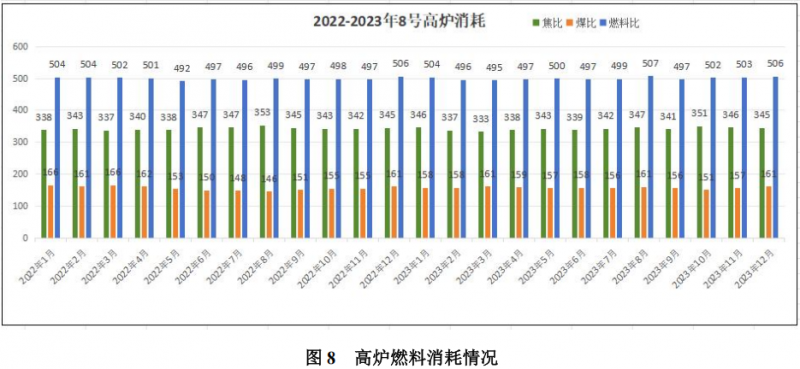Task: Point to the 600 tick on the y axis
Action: pyautogui.click(x=19, y=47)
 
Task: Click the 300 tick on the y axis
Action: pyautogui.click(x=19, y=142)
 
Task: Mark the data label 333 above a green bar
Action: pyautogui.click(x=482, y=118)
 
